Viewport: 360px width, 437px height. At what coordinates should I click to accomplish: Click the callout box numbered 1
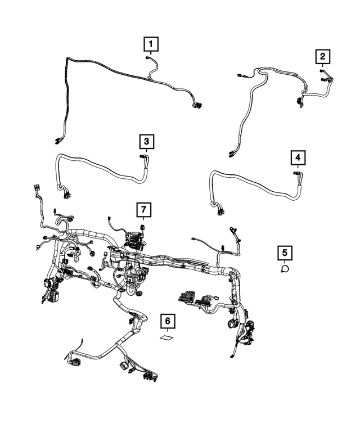[x=151, y=43]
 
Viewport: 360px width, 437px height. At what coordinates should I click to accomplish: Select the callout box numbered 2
[x=322, y=56]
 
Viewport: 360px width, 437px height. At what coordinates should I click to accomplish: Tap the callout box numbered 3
[x=145, y=141]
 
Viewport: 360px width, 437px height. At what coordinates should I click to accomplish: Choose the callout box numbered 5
[x=285, y=253]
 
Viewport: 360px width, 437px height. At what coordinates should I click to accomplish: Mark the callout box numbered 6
[x=166, y=322]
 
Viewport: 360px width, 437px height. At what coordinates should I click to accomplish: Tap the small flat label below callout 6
[x=166, y=339]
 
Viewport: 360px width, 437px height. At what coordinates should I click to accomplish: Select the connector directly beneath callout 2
[x=322, y=71]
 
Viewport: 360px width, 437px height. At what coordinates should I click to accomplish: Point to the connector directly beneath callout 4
[x=296, y=173]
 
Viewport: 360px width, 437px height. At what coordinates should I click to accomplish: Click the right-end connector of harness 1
[x=197, y=105]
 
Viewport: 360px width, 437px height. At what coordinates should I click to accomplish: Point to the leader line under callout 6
[x=166, y=332]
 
